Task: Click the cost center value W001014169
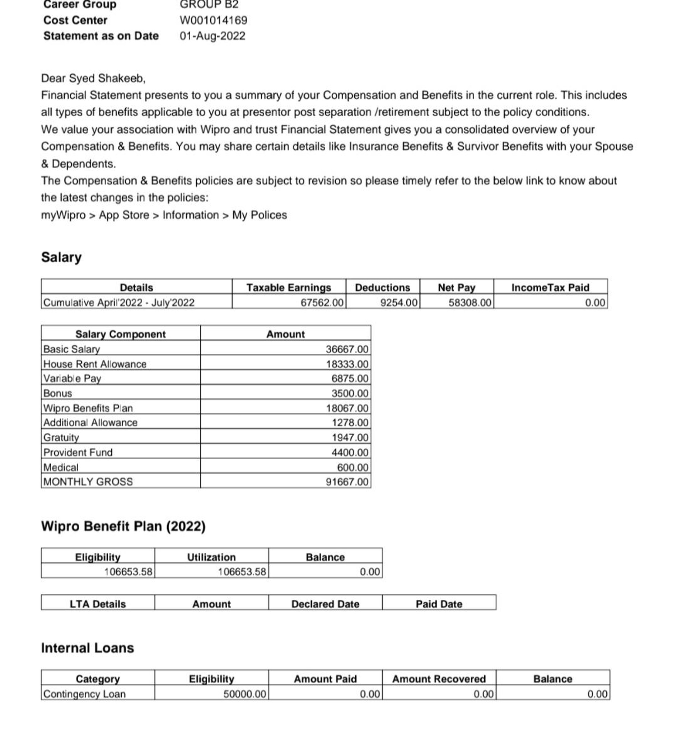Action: [x=213, y=20]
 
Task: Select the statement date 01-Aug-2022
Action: [x=212, y=36]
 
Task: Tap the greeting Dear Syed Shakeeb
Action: [x=93, y=78]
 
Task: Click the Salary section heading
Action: [x=61, y=257]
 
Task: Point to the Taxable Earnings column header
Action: [x=288, y=287]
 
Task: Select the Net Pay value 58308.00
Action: [x=470, y=303]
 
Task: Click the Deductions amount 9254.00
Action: [x=398, y=303]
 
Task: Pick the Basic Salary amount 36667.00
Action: [x=346, y=349]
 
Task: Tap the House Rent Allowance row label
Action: [x=95, y=364]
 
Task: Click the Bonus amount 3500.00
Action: [x=350, y=393]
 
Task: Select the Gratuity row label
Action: [x=61, y=437]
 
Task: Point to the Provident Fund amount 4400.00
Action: [x=350, y=452]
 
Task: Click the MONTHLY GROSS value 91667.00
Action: [x=346, y=482]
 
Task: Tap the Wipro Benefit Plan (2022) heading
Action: [x=123, y=526]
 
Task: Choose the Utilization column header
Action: [x=211, y=557]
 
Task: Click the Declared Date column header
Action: [x=325, y=604]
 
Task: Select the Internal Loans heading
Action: [x=88, y=648]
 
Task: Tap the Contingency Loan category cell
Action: [x=84, y=694]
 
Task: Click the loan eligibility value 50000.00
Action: [x=244, y=694]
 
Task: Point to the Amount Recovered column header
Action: [x=439, y=679]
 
